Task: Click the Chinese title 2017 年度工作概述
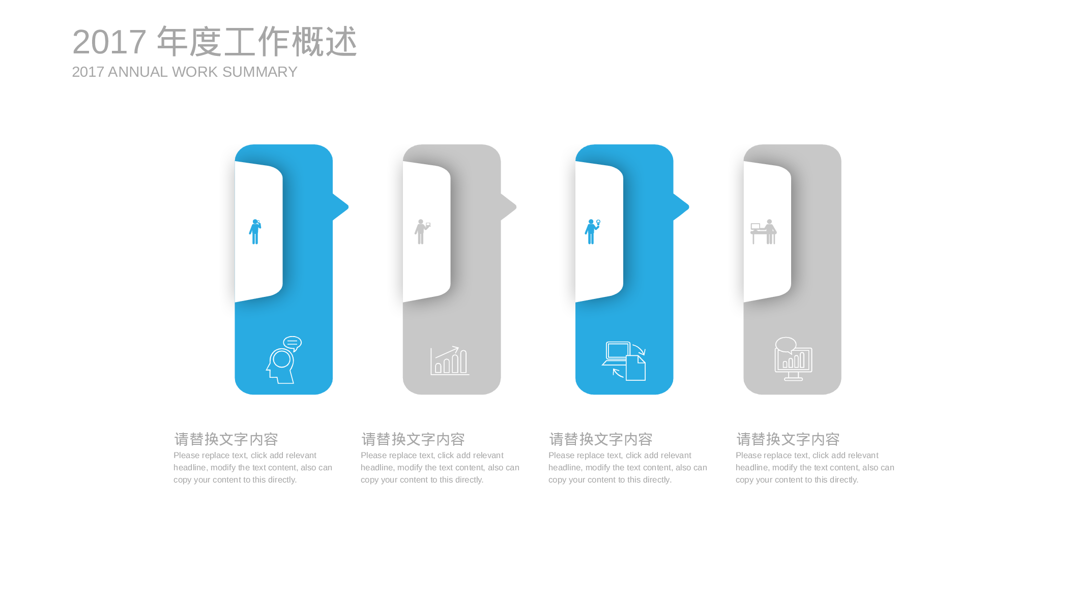(214, 42)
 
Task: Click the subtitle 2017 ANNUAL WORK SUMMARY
(185, 72)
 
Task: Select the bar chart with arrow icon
(450, 360)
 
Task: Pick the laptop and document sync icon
(624, 361)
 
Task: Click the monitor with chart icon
(793, 359)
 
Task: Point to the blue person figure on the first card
(255, 232)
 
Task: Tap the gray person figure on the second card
(422, 232)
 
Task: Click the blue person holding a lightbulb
(592, 232)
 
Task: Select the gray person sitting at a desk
(764, 232)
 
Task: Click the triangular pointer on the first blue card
(340, 207)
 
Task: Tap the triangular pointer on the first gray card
(508, 207)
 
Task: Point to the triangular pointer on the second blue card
(681, 207)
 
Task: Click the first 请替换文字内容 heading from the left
(226, 439)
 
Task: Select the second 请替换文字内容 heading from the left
(413, 439)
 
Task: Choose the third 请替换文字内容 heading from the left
(601, 439)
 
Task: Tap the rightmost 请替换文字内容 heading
(788, 439)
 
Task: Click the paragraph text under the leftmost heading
(253, 468)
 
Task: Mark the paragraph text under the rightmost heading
(815, 468)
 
